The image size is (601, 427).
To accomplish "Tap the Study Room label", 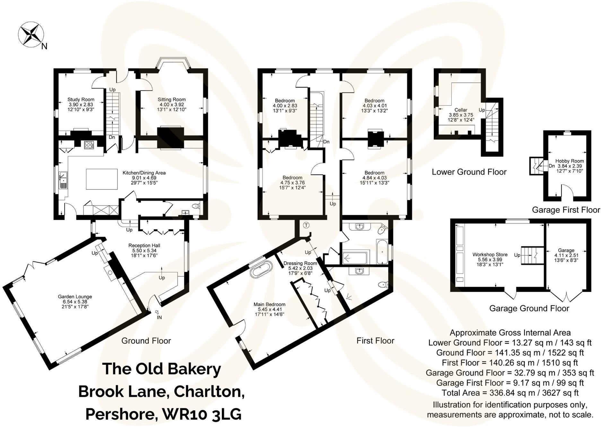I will pos(81,99).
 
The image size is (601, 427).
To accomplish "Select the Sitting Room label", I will pos(171,99).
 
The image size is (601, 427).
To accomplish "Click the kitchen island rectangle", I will pos(102,179).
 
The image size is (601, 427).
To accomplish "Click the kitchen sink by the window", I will pos(63,180).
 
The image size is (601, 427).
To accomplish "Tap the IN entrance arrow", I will pos(158,312).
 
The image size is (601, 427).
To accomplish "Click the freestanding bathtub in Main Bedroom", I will pos(261,270).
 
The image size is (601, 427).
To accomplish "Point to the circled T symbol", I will pos(306,225).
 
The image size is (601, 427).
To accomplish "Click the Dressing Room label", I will pos(300,263).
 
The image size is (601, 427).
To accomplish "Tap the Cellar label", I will pos(461,110).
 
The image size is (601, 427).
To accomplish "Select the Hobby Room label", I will pos(570,161).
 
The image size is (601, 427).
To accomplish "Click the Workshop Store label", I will pos(490,254).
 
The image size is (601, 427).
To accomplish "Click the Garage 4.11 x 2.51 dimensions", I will pos(566,255).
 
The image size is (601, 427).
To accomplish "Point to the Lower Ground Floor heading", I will pos(469,172).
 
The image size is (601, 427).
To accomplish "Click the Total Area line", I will pos(510,393).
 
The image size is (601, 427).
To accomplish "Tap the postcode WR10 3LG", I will pos(202,414).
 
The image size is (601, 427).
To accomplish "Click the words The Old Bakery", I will pos(161,369).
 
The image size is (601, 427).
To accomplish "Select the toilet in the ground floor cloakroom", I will pos(196,206).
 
